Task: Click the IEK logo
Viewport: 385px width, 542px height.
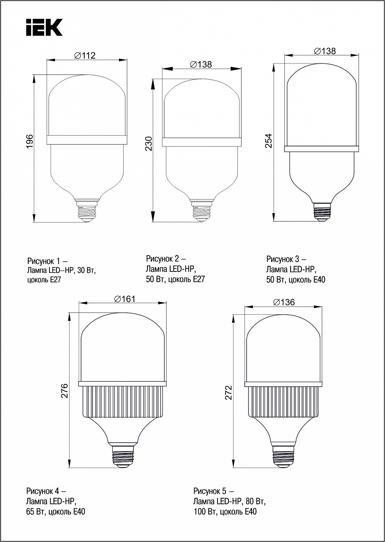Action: tap(44, 27)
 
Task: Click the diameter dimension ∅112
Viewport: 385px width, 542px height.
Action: tap(85, 56)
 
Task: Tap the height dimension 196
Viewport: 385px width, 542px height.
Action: tap(29, 141)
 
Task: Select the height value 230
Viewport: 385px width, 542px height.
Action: tap(149, 144)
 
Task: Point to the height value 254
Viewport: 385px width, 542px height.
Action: tap(269, 141)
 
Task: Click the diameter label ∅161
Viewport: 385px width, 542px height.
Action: tap(125, 299)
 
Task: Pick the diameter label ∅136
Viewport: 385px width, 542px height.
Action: tap(284, 302)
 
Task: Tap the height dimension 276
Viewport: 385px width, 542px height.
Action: tap(64, 391)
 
